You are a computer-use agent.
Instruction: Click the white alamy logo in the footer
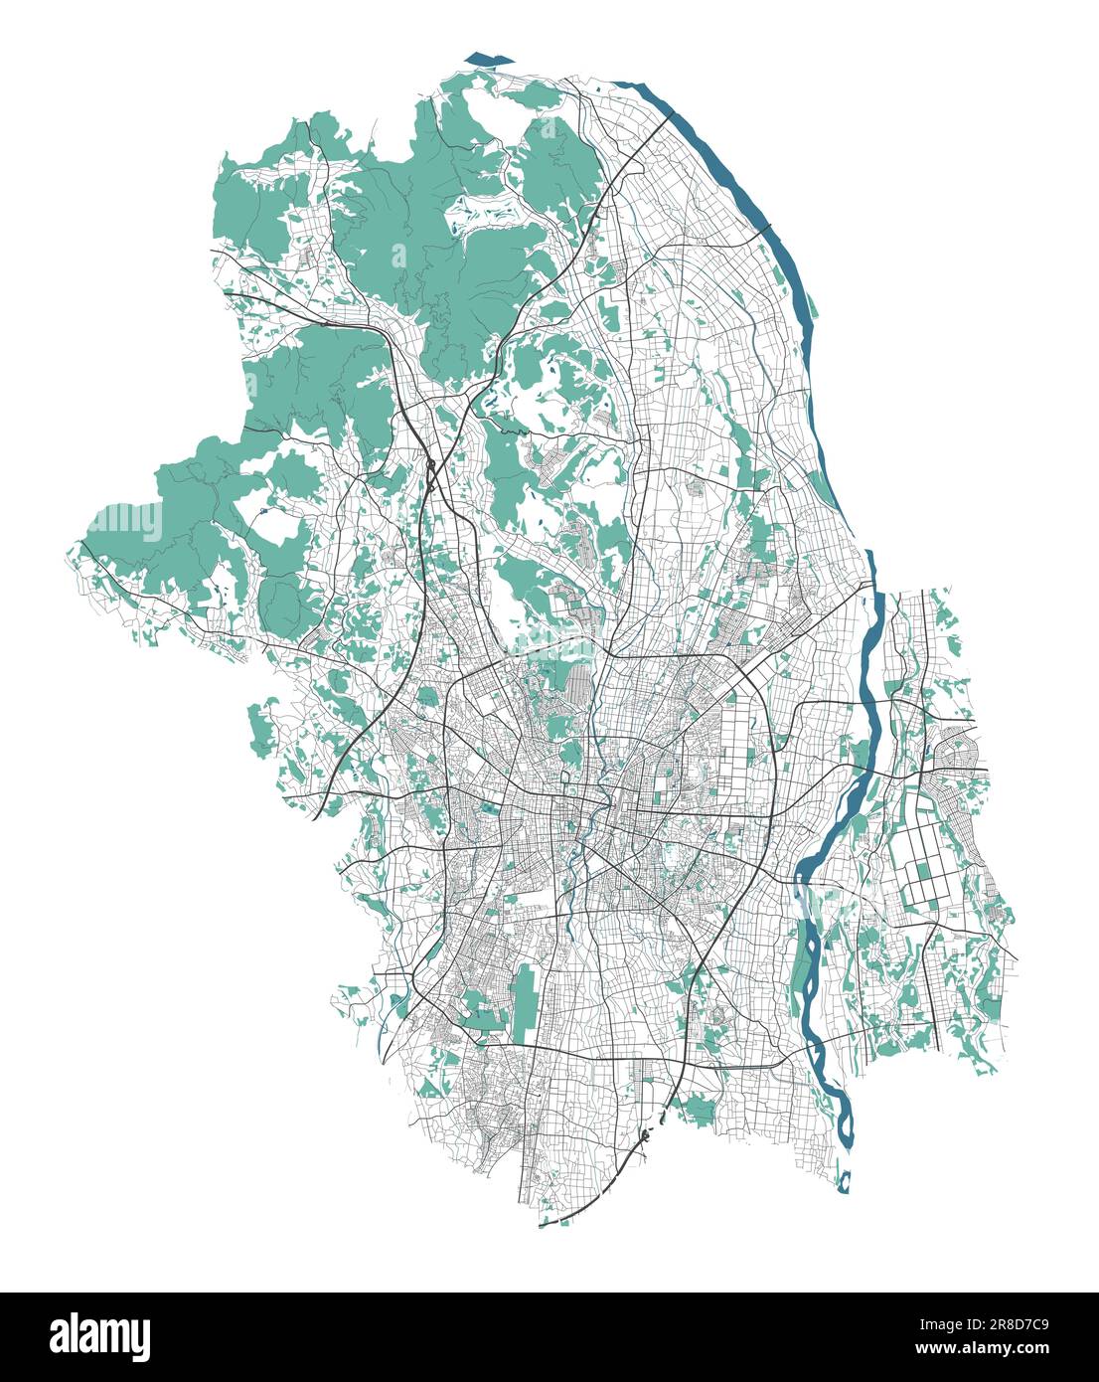pyautogui.click(x=99, y=1336)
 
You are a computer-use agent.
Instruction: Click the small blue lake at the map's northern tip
pyautogui.click(x=483, y=60)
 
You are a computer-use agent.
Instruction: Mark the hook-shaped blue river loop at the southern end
pyautogui.click(x=845, y=1181)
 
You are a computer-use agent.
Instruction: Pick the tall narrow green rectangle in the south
pyautogui.click(x=524, y=999)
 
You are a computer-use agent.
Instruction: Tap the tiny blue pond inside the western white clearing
pyautogui.click(x=260, y=511)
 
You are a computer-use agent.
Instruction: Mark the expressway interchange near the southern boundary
pyautogui.click(x=646, y=1133)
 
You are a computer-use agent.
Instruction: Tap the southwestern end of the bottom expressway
pyautogui.click(x=543, y=1225)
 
